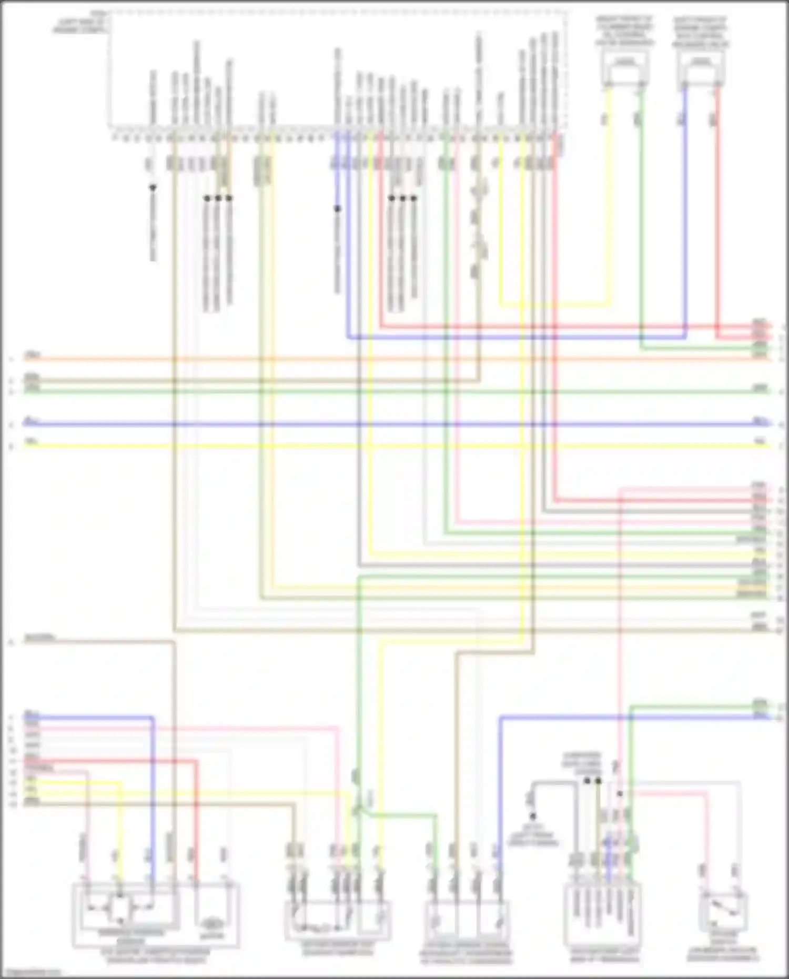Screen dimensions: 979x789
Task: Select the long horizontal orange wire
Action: point(368,360)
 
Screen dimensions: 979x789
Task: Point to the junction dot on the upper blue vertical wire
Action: point(338,209)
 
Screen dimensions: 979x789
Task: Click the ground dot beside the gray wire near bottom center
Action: point(532,816)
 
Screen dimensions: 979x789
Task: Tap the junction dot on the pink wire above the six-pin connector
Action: point(620,794)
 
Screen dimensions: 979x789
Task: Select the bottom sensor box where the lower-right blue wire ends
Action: point(467,921)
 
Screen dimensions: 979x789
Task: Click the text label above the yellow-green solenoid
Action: point(624,31)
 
